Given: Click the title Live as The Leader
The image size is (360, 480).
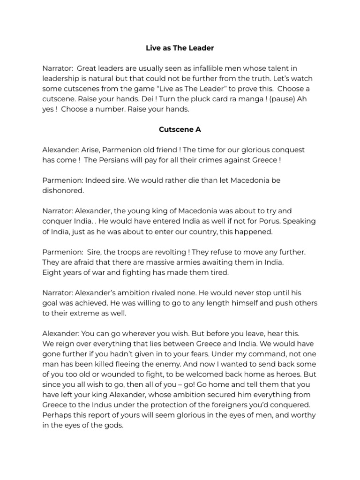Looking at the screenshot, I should tap(180, 48).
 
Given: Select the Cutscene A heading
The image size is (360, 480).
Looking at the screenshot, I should tap(180, 129).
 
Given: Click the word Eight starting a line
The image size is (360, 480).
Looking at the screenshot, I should tap(52, 272).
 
